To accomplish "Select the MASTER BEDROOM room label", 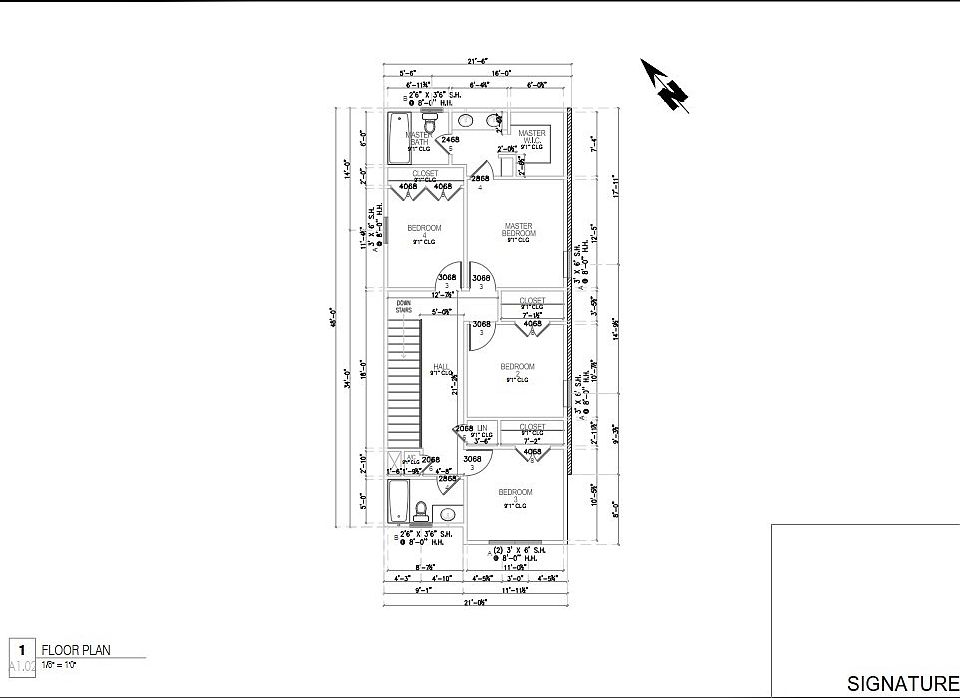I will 518,230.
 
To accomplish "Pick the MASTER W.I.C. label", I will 531,137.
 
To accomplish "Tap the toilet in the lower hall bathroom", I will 421,511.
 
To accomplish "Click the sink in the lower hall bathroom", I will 447,514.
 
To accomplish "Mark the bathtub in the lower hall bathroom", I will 397,500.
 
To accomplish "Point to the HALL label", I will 440,368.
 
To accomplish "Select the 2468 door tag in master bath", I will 451,141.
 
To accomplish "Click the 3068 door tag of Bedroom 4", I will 447,278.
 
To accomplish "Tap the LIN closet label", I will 481,428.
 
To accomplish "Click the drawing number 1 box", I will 21,650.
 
